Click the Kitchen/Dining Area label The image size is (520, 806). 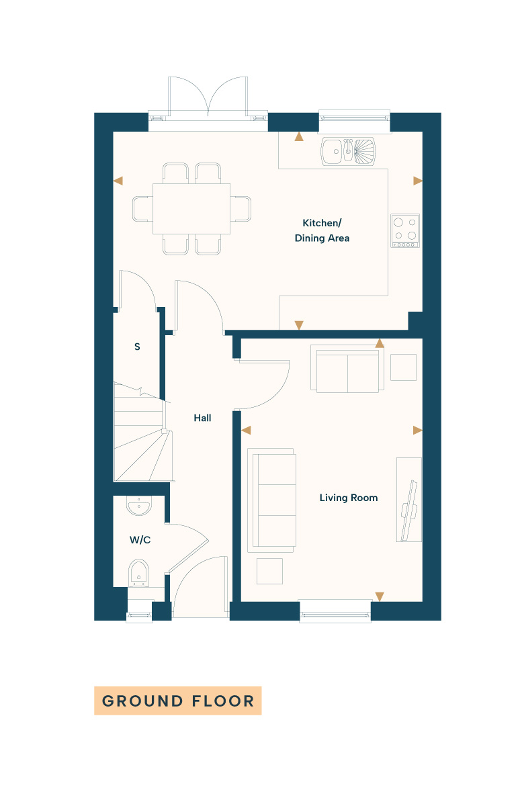322,230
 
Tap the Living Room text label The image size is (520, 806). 348,498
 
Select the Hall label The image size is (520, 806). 202,418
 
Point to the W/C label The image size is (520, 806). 140,540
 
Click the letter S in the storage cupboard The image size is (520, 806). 137,347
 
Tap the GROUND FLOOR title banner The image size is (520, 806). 178,701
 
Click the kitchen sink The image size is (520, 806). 348,151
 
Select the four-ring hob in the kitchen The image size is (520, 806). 405,230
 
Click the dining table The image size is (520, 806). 191,209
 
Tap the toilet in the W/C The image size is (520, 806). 138,573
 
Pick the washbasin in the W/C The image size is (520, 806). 139,506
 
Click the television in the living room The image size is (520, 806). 409,510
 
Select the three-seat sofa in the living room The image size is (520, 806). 272,500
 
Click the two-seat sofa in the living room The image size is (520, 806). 347,369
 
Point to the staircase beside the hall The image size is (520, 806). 143,432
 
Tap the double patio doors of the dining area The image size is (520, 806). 208,97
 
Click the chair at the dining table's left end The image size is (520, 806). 143,209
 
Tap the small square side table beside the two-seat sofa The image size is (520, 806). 403,367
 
